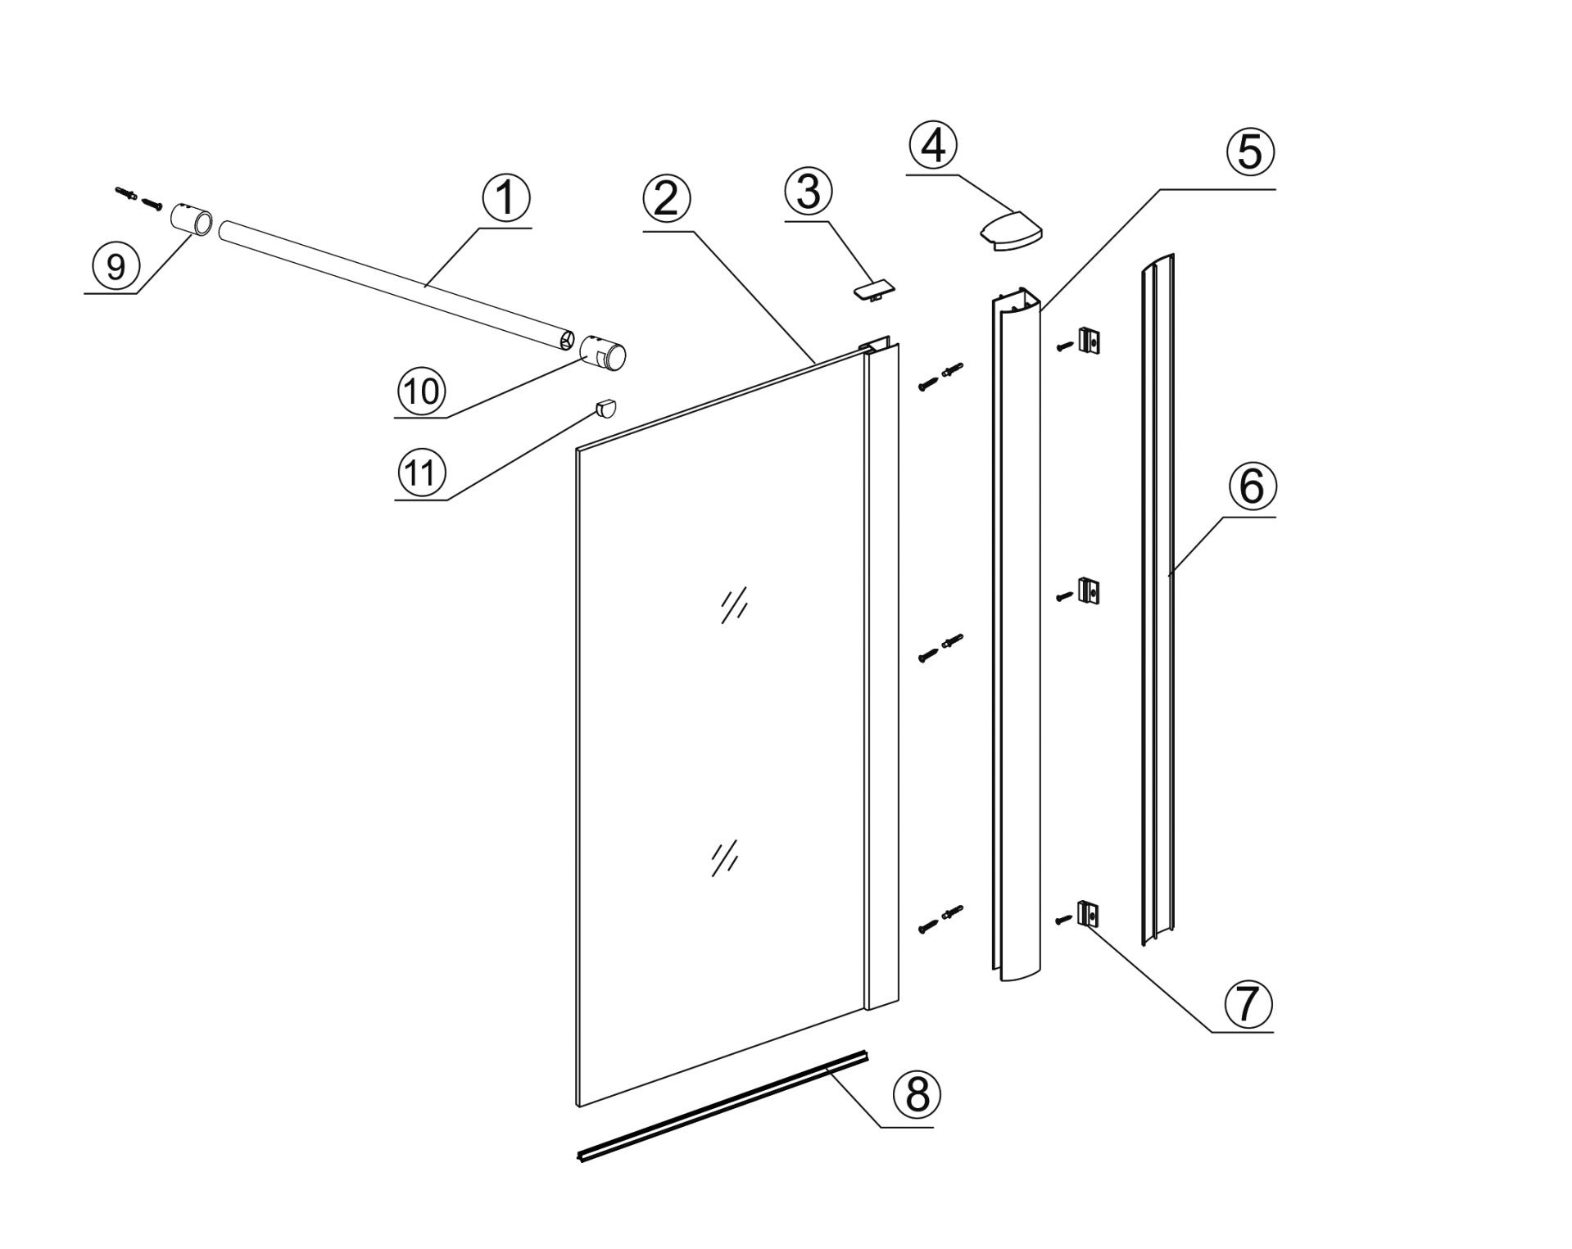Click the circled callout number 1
506,199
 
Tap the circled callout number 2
667,199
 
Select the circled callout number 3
808,191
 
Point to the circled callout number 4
933,146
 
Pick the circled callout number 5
1250,152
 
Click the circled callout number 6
1252,486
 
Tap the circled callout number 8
917,1093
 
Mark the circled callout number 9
116,265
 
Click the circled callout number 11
421,472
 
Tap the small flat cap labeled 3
873,290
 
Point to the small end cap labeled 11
605,407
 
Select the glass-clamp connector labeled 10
603,354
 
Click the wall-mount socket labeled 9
192,221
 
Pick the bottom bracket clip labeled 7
1088,913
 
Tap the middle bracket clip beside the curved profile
1088,591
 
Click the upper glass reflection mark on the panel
734,606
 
